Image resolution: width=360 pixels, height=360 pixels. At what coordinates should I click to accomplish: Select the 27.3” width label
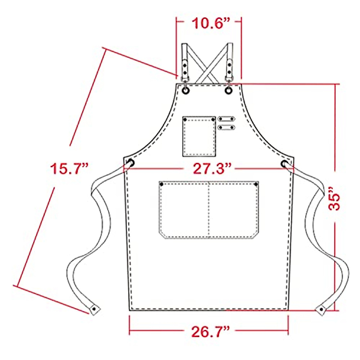209,169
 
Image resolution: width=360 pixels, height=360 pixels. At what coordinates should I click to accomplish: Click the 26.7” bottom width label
209,332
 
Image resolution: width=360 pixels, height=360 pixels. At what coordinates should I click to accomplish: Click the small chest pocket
199,136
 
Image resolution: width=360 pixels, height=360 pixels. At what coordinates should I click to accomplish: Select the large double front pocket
208,210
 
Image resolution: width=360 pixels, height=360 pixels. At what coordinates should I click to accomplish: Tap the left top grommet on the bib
186,90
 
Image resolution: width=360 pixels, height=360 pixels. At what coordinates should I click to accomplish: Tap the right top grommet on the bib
229,90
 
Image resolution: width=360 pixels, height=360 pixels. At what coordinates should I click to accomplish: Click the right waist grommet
284,164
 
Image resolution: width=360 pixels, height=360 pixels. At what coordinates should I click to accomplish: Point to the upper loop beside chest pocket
226,118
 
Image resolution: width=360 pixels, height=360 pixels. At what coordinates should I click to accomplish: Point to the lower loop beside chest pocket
226,127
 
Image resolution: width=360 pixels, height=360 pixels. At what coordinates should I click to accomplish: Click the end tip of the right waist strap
322,309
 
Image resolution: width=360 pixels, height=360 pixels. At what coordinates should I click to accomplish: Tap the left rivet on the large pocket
162,184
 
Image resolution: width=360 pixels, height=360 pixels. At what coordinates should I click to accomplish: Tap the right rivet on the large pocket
256,184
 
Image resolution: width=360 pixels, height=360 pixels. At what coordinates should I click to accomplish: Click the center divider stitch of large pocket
208,210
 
